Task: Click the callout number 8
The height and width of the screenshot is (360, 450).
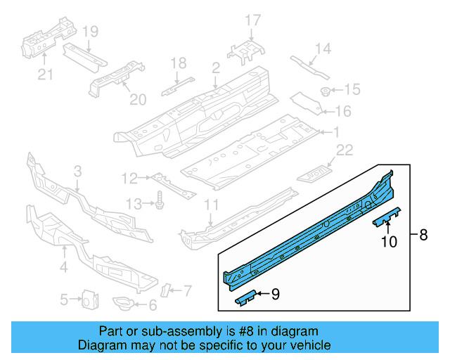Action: click(x=423, y=236)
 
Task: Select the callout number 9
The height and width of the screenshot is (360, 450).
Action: click(x=275, y=295)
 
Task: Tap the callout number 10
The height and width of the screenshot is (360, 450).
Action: click(x=388, y=242)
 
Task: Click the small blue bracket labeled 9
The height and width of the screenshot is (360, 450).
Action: click(x=244, y=299)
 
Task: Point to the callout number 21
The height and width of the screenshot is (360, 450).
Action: click(x=45, y=74)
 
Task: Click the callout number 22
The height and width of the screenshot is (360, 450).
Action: click(x=344, y=150)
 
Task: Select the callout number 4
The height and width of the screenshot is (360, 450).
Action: click(x=64, y=267)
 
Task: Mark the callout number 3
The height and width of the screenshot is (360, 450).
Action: click(x=77, y=171)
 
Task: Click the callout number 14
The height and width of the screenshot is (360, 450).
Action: click(x=322, y=49)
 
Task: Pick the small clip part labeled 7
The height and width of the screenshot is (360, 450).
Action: click(x=167, y=290)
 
